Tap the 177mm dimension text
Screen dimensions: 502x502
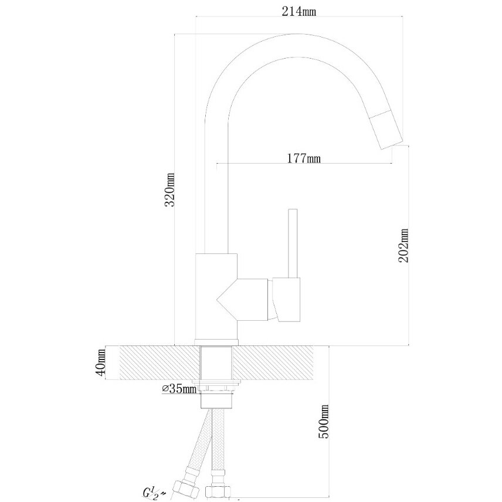(x=303, y=158)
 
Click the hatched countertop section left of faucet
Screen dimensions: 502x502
(x=158, y=362)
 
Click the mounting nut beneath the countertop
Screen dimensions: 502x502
(x=218, y=387)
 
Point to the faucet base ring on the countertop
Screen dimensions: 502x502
(x=216, y=342)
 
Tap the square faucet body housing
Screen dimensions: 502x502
(x=216, y=288)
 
